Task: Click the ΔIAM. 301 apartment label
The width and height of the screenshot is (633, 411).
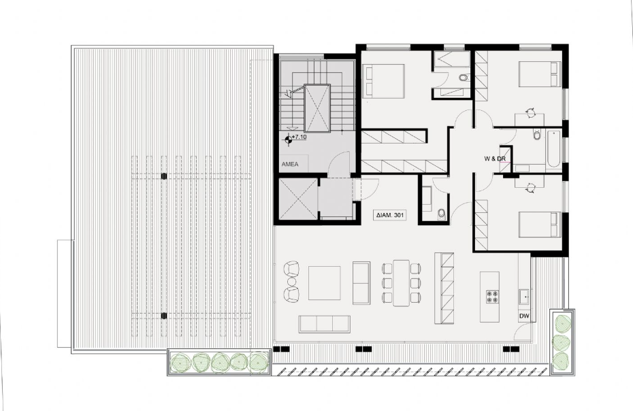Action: click(x=391, y=215)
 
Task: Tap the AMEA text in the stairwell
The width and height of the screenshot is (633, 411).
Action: click(x=290, y=165)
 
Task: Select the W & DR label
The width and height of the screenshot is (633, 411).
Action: click(x=494, y=158)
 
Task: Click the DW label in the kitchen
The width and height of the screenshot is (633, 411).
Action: click(x=523, y=316)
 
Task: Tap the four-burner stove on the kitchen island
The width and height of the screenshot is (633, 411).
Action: click(x=492, y=297)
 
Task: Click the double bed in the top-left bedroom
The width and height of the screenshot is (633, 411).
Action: click(x=385, y=81)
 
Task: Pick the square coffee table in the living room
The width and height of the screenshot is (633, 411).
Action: click(x=324, y=283)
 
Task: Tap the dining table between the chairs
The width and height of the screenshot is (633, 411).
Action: click(x=400, y=282)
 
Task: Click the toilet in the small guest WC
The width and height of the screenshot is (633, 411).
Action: click(x=441, y=214)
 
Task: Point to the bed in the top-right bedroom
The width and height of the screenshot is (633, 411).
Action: click(x=540, y=73)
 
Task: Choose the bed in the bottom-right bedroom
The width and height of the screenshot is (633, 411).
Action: click(x=540, y=225)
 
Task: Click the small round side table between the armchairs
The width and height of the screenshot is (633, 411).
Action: click(x=292, y=282)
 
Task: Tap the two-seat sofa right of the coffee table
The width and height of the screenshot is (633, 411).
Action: click(x=361, y=282)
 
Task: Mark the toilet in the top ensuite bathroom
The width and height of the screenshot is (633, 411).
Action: click(x=463, y=78)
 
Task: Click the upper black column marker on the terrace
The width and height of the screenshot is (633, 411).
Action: click(x=164, y=176)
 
